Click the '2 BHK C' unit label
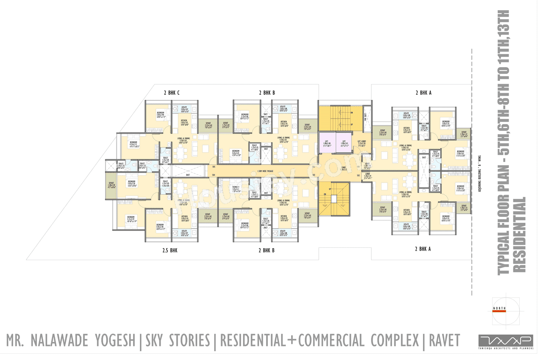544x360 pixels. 171,92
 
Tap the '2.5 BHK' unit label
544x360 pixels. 170,250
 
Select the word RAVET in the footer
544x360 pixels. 445,340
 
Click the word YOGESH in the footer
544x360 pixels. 113,340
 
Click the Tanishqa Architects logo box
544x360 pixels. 506,341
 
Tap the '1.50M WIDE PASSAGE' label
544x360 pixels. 266,171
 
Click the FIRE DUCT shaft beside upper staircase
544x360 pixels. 365,116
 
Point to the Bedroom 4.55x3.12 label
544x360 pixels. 133,144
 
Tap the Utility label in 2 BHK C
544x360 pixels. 184,108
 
